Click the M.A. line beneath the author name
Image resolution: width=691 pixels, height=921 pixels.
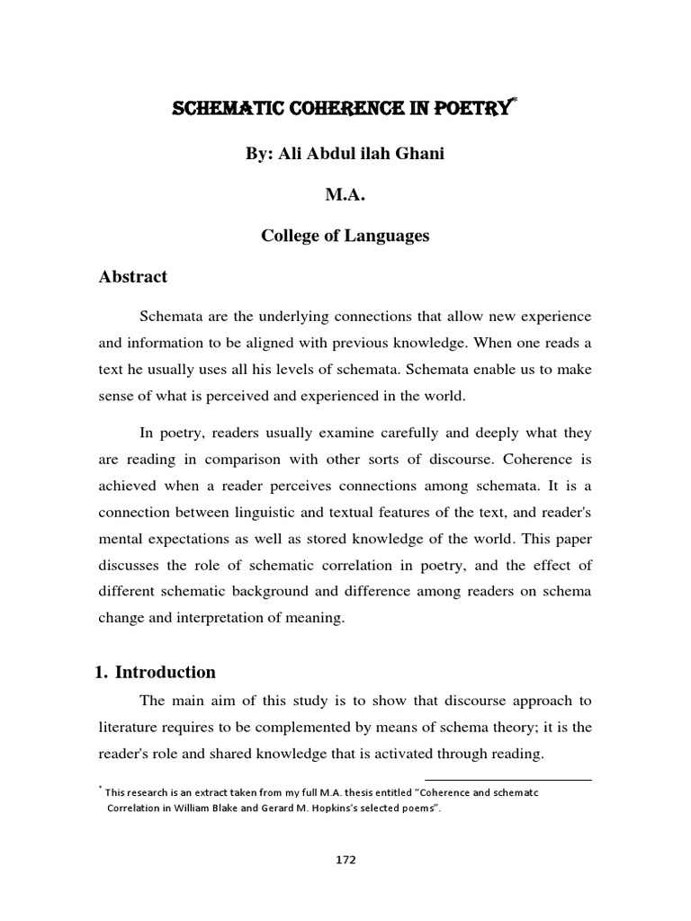(345, 195)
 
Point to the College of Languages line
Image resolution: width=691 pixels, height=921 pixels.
(345, 236)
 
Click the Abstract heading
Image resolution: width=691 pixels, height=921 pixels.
(132, 277)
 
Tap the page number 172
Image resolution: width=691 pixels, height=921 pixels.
(345, 860)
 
